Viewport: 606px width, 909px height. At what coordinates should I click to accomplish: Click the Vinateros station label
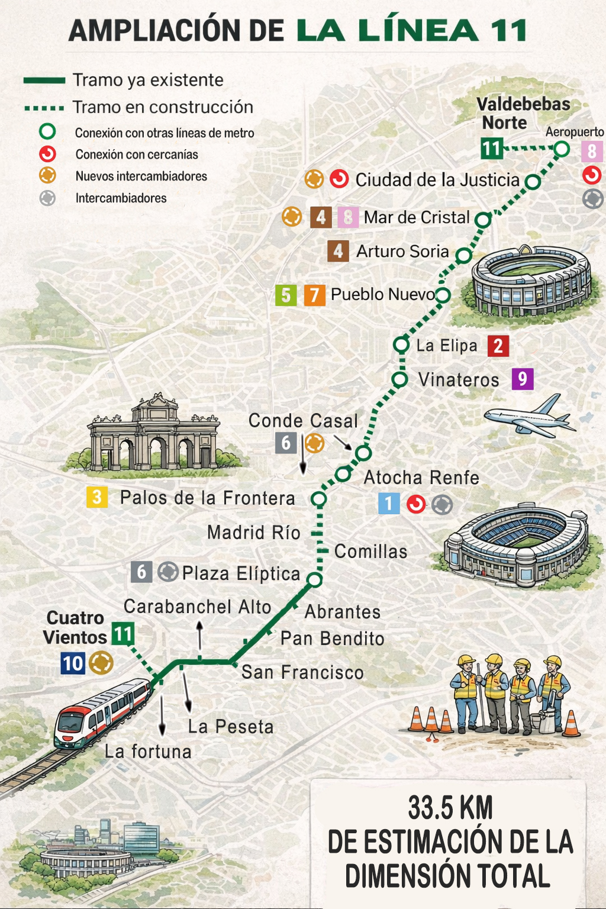[x=459, y=379]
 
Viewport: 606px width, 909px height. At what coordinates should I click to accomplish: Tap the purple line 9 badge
[x=522, y=379]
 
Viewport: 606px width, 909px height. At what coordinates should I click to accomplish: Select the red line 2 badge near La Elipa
[x=498, y=346]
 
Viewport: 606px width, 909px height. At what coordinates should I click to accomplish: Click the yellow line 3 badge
[x=97, y=497]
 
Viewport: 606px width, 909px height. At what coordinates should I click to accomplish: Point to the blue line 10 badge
[x=73, y=663]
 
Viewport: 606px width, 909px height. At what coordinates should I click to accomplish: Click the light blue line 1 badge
[x=389, y=504]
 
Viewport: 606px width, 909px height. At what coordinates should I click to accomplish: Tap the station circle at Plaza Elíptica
[x=315, y=579]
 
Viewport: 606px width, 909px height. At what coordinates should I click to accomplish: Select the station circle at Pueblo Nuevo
[x=443, y=295]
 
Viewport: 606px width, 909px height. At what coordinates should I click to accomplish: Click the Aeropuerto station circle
[x=562, y=149]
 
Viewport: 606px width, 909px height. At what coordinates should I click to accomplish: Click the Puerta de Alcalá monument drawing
[x=154, y=435]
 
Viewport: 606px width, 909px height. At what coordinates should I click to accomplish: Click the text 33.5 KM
[x=450, y=808]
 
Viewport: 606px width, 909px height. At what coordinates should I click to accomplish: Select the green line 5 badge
[x=286, y=295]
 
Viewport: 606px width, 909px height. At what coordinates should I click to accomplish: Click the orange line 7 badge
[x=315, y=295]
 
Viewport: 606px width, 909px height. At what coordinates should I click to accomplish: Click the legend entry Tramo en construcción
[x=162, y=107]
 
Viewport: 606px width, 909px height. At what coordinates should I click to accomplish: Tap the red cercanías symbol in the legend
[x=47, y=154]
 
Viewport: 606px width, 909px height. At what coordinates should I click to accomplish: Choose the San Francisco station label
[x=302, y=672]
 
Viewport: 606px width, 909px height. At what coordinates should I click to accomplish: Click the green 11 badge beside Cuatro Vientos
[x=123, y=634]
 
